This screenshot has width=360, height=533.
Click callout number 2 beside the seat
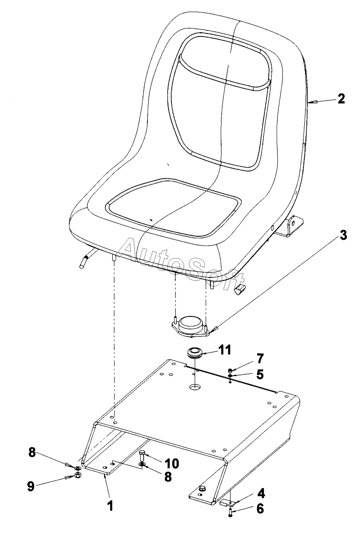click(x=341, y=99)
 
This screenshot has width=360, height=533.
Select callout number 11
click(x=225, y=350)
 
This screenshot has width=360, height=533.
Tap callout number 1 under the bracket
click(x=110, y=506)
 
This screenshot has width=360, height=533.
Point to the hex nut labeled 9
click(x=77, y=476)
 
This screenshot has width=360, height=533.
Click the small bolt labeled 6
click(x=231, y=512)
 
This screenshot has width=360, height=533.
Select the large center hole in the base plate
click(x=195, y=387)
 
